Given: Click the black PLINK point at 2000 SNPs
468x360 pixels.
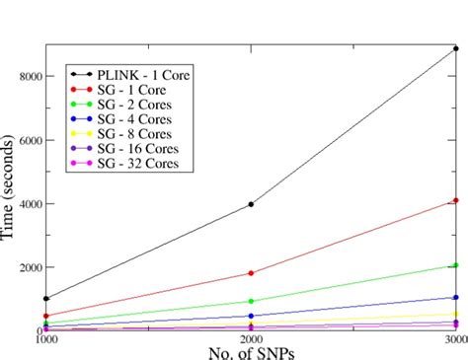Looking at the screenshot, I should [x=251, y=204].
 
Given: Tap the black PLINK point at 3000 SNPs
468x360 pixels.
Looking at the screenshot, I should [x=455, y=47].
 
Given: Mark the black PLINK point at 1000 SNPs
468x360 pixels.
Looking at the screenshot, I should [x=45, y=298].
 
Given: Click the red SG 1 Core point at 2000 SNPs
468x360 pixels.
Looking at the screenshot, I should [x=251, y=273].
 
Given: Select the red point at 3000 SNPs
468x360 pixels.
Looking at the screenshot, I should [x=455, y=200].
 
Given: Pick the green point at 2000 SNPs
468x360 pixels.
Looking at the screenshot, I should [x=251, y=301].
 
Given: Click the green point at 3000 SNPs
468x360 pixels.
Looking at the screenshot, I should [x=455, y=265].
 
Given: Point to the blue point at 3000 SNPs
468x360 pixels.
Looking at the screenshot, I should [x=455, y=297].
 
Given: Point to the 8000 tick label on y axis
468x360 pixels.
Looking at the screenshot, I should [x=27, y=76].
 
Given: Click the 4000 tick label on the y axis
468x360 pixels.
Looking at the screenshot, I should [x=27, y=204].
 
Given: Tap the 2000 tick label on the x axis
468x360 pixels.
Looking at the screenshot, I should [x=251, y=340].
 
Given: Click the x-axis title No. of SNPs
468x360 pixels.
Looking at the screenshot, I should [x=251, y=352].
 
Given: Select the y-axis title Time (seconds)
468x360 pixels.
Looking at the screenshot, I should [x=9, y=187].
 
